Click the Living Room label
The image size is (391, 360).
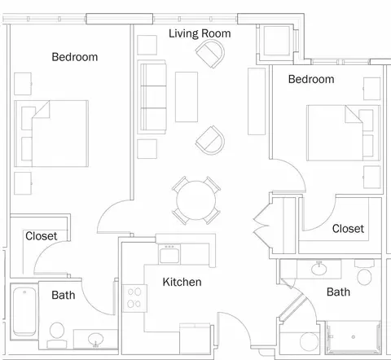(x=200, y=33)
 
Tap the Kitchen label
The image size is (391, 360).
(x=182, y=282)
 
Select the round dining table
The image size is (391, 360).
(x=196, y=200)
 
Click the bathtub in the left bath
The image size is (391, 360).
(x=24, y=312)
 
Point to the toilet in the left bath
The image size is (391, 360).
(x=57, y=335)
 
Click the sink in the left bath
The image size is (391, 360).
(x=95, y=339)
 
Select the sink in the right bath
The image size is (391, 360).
(x=319, y=269)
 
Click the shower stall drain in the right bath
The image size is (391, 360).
(x=354, y=337)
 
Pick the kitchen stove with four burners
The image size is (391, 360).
(x=134, y=298)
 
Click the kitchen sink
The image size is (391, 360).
(x=169, y=254)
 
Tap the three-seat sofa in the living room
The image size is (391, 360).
(x=152, y=97)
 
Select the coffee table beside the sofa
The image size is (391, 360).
(x=187, y=97)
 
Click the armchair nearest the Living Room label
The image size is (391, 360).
(x=210, y=54)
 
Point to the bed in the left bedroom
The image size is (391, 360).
(x=51, y=134)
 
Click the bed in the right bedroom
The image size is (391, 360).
(x=343, y=133)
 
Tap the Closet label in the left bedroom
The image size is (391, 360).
(x=42, y=236)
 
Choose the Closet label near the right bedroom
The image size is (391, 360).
(x=348, y=229)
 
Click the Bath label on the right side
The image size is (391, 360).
(x=338, y=292)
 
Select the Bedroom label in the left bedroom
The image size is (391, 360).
(x=75, y=57)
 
